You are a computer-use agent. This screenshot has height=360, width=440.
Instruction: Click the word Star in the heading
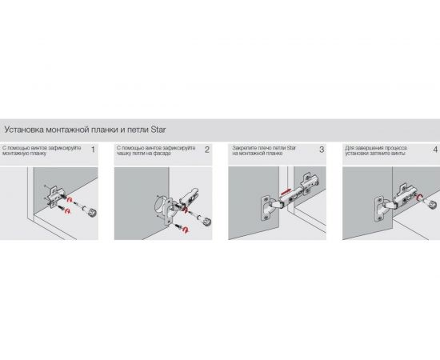158,130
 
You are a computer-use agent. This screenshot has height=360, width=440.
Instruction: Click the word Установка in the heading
24,130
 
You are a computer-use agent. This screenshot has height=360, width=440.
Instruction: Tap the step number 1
93,150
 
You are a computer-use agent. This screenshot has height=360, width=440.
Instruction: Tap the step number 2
207,150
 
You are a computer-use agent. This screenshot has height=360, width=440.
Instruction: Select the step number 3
322,150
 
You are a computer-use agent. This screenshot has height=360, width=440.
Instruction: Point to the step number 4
435,150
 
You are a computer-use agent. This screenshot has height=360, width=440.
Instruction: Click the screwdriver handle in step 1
92,212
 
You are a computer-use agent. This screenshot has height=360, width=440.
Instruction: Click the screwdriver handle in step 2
206,222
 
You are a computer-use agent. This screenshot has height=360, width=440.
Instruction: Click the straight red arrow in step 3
286,192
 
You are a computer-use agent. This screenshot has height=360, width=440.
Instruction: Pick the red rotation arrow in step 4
420,198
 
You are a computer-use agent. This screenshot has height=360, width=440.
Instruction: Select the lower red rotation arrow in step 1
67,210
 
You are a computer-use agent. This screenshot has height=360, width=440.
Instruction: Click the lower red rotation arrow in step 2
186,230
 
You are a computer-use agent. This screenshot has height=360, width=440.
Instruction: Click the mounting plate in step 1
54,197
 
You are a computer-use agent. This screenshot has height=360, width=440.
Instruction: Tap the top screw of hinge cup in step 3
266,200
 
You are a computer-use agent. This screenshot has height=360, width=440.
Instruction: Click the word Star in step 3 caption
291,148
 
